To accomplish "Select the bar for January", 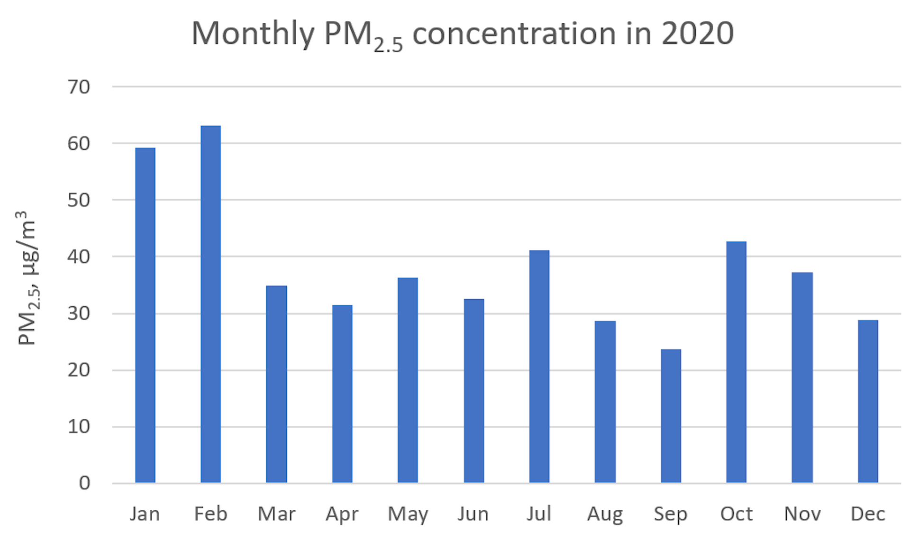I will [145, 315].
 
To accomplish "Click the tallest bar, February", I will [210, 304].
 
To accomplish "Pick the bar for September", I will [671, 416].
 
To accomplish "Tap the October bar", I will [736, 362].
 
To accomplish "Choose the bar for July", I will [539, 366].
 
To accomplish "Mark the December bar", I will [868, 401].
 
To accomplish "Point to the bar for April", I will [342, 394].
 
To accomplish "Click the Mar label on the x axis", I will [276, 514].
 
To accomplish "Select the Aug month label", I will [605, 514].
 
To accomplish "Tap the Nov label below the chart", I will [802, 514].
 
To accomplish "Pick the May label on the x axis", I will [408, 514].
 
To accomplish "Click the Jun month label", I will [473, 514].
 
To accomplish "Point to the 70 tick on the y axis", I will [79, 87].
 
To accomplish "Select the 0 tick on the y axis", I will [84, 483].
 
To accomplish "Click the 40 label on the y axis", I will [79, 257].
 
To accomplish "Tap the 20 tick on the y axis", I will [79, 370].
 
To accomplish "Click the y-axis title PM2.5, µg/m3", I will [27, 278].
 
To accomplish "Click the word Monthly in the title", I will [253, 34].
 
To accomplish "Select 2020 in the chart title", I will [697, 34].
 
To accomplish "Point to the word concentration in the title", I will [514, 34].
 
